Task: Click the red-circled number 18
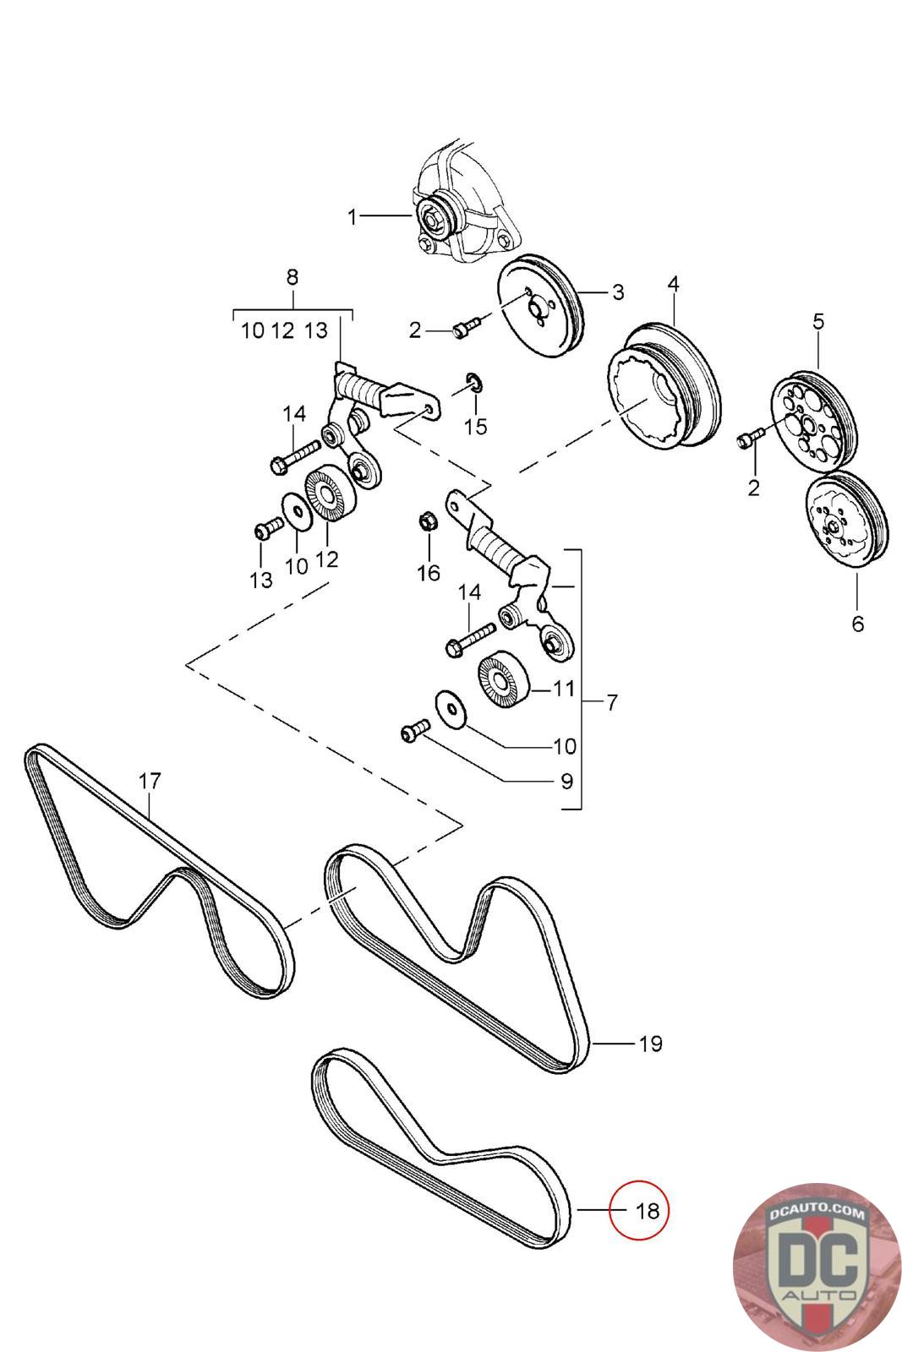point(646,1210)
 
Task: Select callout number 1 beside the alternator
point(353,217)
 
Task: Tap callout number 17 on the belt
point(150,781)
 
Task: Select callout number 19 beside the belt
point(650,1044)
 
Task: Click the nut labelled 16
point(428,522)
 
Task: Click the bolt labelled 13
point(265,532)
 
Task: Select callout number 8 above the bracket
point(292,277)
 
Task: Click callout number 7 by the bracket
point(611,701)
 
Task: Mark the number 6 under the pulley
point(857,624)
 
